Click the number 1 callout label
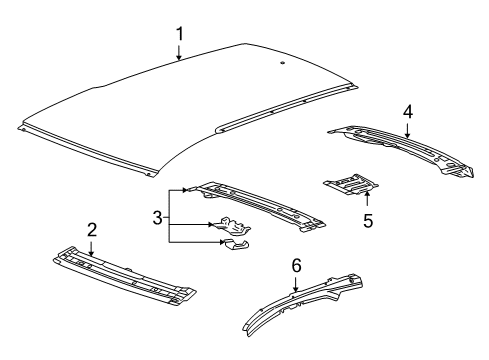[180, 34]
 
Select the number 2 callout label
[91, 230]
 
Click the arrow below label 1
[180, 55]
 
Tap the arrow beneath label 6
[295, 284]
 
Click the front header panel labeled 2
[125, 274]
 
